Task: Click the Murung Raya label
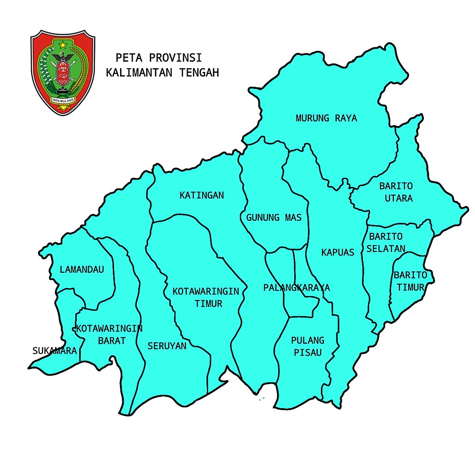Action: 327,118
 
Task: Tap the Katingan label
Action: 202,195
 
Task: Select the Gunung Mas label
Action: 274,217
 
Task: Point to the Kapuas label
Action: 338,252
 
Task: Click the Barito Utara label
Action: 396,192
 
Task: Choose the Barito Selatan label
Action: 386,243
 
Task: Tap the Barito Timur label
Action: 410,281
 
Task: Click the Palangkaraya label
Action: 296,288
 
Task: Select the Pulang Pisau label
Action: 308,347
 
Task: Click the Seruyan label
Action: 167,346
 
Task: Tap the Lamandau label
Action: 82,270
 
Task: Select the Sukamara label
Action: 55,351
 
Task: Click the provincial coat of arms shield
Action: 63,72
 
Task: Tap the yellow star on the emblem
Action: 63,45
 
